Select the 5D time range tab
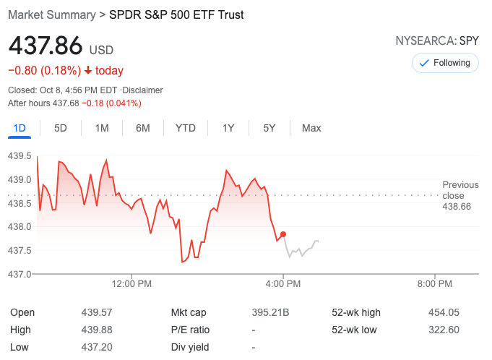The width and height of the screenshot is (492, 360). click(61, 128)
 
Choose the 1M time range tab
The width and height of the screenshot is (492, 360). click(102, 128)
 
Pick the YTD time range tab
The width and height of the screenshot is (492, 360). click(185, 128)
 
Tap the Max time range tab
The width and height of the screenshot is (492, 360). click(311, 128)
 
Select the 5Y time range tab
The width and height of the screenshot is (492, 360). click(269, 128)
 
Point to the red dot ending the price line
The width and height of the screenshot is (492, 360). click(283, 234)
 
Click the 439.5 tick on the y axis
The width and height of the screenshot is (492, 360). click(20, 155)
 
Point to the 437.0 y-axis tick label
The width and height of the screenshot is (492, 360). click(20, 274)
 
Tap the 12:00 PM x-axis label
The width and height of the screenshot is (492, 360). click(132, 284)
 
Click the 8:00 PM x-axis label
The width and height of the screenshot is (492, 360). click(436, 284)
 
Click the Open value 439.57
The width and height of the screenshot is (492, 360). click(96, 312)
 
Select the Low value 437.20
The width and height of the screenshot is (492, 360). click(96, 347)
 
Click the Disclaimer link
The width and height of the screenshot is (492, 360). click(142, 90)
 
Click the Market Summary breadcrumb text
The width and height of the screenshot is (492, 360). click(51, 14)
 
